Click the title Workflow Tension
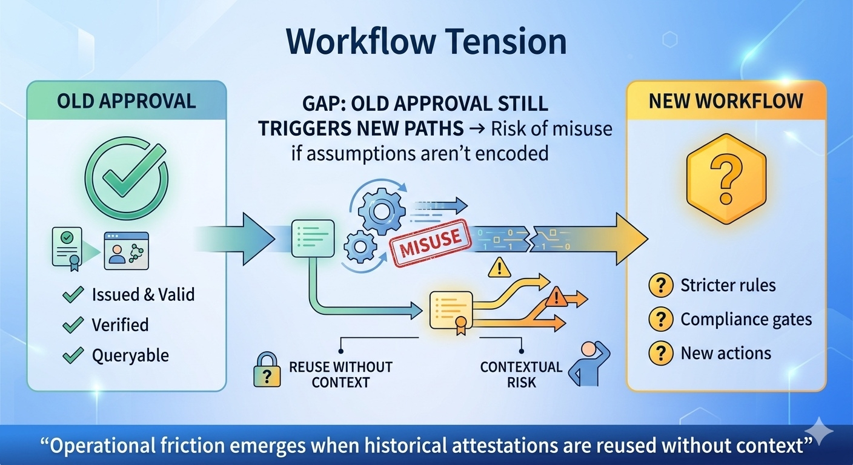[426, 42]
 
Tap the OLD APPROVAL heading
[127, 101]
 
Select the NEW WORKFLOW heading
[726, 101]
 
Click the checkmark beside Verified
[73, 325]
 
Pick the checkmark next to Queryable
[73, 355]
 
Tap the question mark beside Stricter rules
[660, 285]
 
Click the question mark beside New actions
[660, 354]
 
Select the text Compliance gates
[746, 319]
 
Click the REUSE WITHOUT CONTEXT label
[340, 374]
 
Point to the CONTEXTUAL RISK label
[521, 374]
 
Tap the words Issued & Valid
[143, 295]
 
